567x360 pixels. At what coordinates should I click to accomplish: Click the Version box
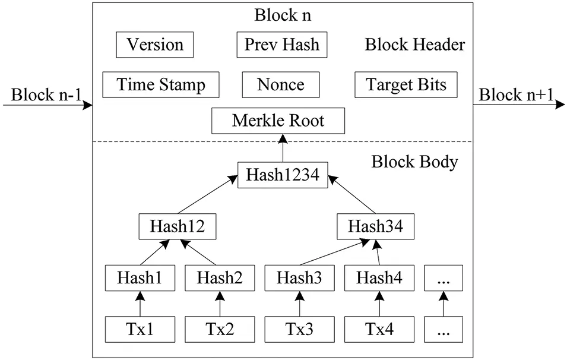pyautogui.click(x=155, y=45)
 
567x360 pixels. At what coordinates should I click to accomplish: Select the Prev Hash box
pyautogui.click(x=282, y=45)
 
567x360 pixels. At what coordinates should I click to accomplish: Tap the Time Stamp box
pyautogui.click(x=161, y=84)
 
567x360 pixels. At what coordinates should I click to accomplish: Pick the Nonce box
pyautogui.click(x=280, y=84)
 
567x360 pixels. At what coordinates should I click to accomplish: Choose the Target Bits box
pyautogui.click(x=407, y=84)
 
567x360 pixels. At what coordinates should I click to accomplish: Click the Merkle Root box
pyautogui.click(x=278, y=121)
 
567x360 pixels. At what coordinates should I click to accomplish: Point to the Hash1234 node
pyautogui.click(x=283, y=176)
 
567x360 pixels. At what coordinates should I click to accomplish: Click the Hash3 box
pyautogui.click(x=299, y=277)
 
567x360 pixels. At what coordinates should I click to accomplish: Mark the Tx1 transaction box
pyautogui.click(x=140, y=328)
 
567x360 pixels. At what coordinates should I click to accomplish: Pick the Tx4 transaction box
pyautogui.click(x=378, y=328)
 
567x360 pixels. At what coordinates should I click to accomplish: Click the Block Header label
pyautogui.click(x=414, y=45)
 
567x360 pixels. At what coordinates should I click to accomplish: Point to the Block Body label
pyautogui.click(x=414, y=162)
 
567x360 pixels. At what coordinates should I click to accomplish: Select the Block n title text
pyautogui.click(x=283, y=15)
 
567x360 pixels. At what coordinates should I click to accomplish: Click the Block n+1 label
pyautogui.click(x=515, y=94)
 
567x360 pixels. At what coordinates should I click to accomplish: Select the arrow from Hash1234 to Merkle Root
pyautogui.click(x=283, y=149)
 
